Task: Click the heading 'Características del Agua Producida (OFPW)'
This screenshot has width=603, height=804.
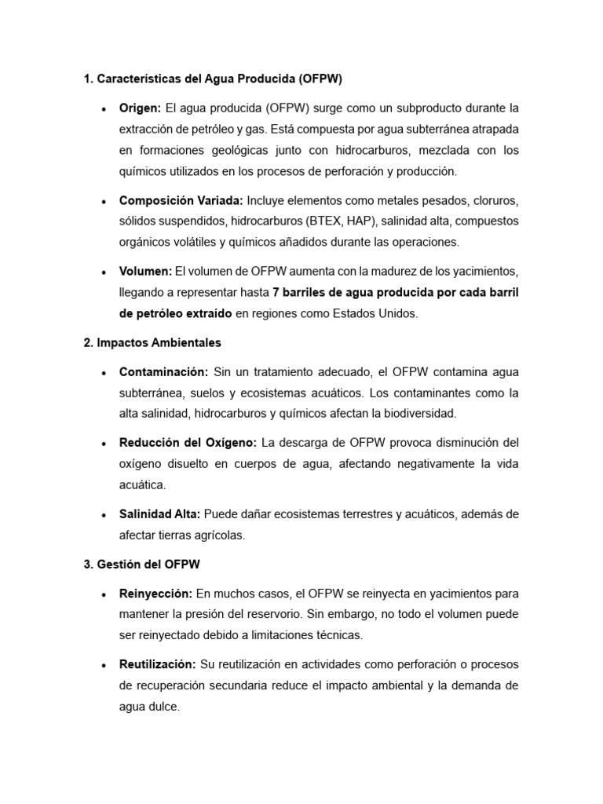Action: pyautogui.click(x=219, y=79)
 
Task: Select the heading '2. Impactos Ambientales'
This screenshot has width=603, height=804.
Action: pyautogui.click(x=152, y=342)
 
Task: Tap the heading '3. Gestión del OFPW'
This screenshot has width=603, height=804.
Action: pyautogui.click(x=144, y=564)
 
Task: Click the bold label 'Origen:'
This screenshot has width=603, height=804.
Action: pyautogui.click(x=140, y=108)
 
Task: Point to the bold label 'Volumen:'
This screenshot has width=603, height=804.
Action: pyautogui.click(x=145, y=271)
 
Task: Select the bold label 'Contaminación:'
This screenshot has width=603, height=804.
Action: pyautogui.click(x=163, y=371)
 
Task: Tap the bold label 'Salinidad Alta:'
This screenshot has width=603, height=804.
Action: pyautogui.click(x=160, y=513)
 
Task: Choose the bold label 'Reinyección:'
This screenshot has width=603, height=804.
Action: pyautogui.click(x=155, y=593)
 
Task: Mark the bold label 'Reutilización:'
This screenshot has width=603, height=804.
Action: pyautogui.click(x=158, y=664)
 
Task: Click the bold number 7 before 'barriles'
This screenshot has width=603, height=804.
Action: pyautogui.click(x=276, y=292)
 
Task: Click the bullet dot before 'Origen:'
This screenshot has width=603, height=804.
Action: pyautogui.click(x=104, y=108)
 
